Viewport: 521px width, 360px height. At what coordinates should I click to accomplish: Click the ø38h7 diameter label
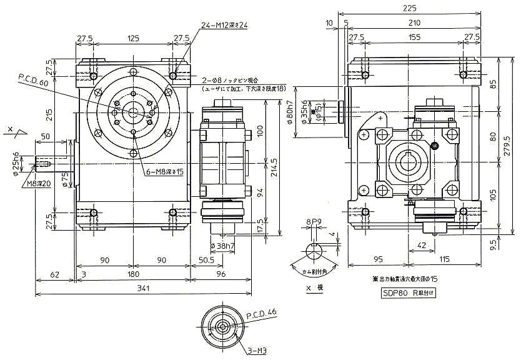coord(222,246)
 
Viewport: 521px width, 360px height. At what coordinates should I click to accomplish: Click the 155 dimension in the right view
coord(415,38)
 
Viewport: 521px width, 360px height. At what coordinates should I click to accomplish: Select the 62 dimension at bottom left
coord(55,273)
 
